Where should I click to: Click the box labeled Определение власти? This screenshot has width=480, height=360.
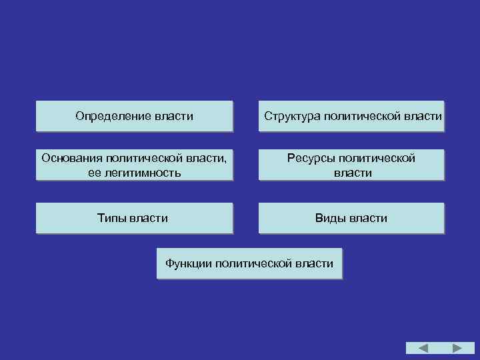coord(134,117)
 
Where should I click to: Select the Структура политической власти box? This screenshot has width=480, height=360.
coord(351,117)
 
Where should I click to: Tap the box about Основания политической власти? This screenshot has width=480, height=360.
coord(134,165)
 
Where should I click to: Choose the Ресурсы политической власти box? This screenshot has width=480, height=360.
coord(351,165)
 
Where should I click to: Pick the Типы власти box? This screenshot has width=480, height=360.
coord(134,218)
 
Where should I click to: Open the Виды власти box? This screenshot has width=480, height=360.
coord(351,218)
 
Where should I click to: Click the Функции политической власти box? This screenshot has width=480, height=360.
coord(249,263)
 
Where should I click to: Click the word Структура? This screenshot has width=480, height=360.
coord(291,117)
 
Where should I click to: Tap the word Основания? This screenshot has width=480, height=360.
coord(69,158)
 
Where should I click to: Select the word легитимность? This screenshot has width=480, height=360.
coord(141,173)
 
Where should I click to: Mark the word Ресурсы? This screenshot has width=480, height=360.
coord(310,158)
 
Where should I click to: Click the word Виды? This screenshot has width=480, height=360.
coord(330,218)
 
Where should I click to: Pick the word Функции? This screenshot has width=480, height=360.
coord(189,263)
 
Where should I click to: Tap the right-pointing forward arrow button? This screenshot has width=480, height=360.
coord(458,348)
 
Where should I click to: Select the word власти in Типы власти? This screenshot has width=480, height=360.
coord(149,218)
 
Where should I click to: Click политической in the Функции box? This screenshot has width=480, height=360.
coord(255,263)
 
